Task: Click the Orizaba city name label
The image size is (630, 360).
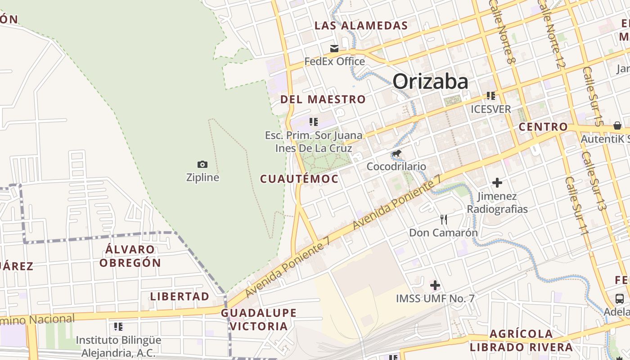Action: (430, 82)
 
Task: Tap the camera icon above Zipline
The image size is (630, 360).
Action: (202, 165)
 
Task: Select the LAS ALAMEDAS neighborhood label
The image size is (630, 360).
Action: (361, 26)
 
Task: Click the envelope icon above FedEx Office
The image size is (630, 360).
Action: (334, 49)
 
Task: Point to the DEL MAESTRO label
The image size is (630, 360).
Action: (323, 99)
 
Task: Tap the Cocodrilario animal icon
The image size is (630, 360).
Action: (396, 154)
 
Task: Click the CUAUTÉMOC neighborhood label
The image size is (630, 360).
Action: (299, 179)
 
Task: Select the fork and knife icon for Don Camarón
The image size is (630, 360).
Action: (444, 220)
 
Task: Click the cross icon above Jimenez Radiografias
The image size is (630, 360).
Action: (497, 183)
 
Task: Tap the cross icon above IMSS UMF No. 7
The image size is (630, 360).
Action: (435, 285)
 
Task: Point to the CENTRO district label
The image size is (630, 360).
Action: (543, 127)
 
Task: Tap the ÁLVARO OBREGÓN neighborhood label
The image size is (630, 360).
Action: (130, 256)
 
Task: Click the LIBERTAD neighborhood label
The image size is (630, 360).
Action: (180, 297)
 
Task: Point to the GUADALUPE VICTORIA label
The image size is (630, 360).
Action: (259, 319)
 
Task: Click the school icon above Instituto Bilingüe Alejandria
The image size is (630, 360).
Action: (118, 326)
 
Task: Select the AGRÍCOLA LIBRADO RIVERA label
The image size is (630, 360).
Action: (521, 341)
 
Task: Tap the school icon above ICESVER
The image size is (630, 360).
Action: (490, 96)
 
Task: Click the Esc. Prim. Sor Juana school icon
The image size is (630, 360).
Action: (314, 121)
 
